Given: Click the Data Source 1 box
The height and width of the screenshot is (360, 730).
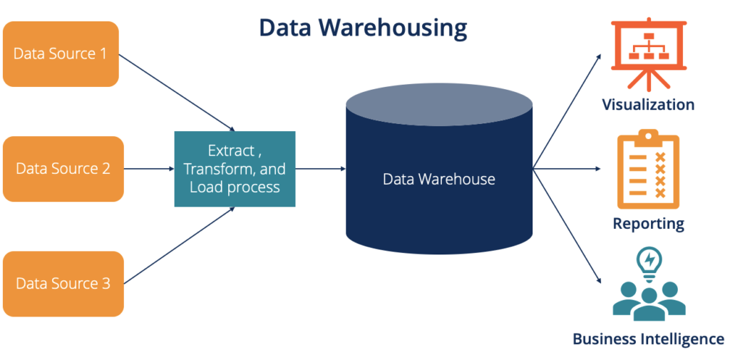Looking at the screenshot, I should (x=61, y=54).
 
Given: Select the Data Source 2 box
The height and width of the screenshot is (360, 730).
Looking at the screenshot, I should (x=63, y=169).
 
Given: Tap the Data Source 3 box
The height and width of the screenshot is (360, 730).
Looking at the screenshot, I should (x=63, y=284).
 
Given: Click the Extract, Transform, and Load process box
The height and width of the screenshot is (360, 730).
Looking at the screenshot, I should (x=235, y=169).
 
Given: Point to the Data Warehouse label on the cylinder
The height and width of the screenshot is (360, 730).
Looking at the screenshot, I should (x=438, y=179).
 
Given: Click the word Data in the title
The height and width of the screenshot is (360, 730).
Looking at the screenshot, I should (x=284, y=27).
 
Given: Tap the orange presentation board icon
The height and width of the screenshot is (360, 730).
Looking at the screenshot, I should (x=649, y=46).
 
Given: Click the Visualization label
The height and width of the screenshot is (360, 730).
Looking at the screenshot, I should (x=647, y=105).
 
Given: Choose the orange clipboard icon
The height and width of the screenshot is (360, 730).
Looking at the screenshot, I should (x=647, y=169).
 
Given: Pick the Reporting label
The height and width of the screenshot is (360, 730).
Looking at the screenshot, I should (x=647, y=224).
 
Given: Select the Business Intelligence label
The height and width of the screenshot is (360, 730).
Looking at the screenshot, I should (x=647, y=339).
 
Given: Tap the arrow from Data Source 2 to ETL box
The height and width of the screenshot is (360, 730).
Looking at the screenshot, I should (x=149, y=169).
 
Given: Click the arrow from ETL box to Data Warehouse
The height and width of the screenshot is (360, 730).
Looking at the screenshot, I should (x=320, y=169).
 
